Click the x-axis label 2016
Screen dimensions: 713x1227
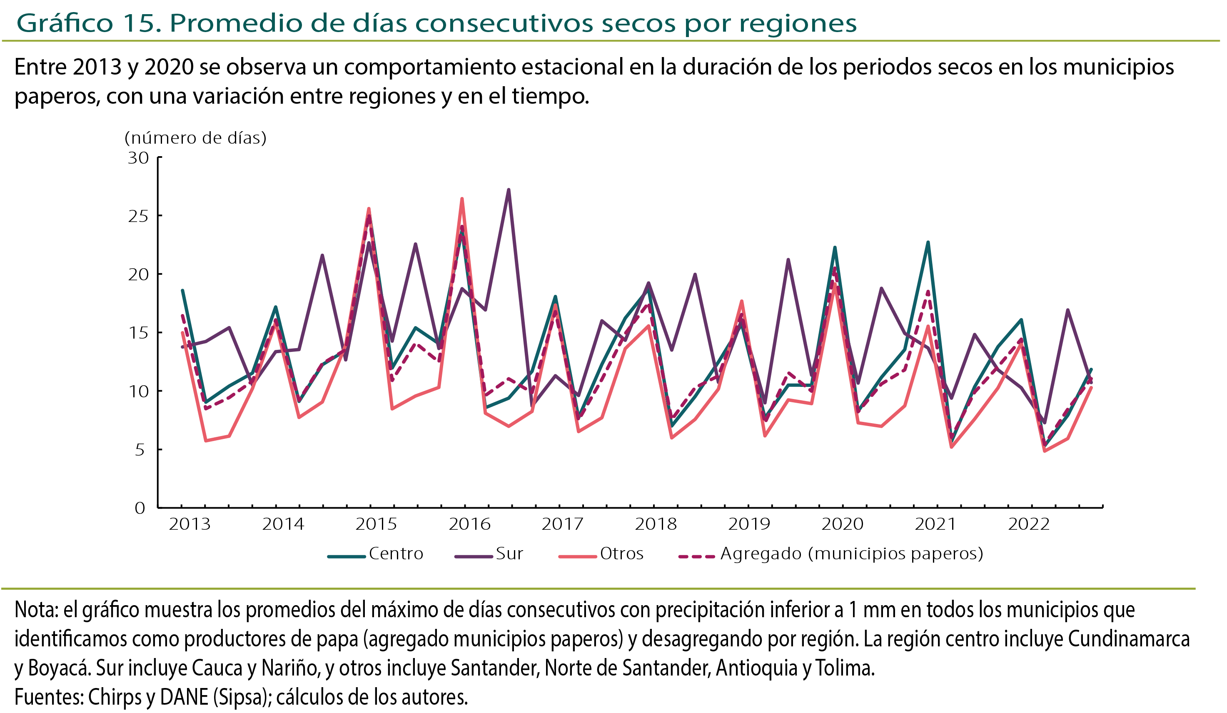[469, 524]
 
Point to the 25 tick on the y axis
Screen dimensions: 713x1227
[138, 216]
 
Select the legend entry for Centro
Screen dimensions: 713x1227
[375, 554]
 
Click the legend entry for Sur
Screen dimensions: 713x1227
[489, 554]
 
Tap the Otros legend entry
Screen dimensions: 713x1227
[601, 554]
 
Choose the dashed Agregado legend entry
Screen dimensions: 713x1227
[830, 554]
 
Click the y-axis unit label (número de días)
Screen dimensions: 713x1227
[195, 138]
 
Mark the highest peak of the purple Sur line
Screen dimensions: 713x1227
[508, 189]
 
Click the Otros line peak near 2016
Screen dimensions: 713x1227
[461, 199]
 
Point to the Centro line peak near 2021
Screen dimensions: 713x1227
[928, 242]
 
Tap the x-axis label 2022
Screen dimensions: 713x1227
[1028, 524]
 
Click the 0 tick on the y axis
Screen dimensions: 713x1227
[140, 508]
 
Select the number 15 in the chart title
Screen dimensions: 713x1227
[139, 23]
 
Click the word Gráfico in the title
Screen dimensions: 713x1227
[64, 23]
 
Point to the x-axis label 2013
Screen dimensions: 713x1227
[190, 524]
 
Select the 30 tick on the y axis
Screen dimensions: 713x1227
[138, 158]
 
